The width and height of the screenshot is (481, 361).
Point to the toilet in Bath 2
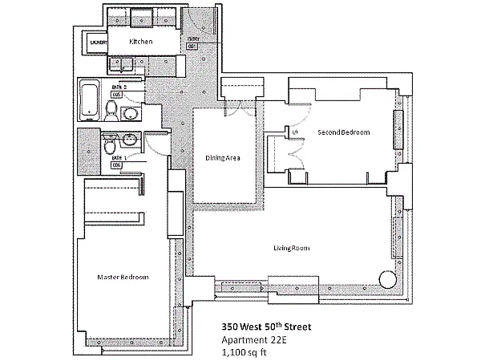click(111, 109)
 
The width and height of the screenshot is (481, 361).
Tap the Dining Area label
click(223, 157)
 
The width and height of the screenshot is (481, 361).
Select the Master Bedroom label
click(122, 278)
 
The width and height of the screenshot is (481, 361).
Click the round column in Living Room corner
click(388, 279)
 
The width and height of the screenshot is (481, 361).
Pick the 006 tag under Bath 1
click(117, 165)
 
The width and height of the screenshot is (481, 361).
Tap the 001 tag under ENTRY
click(192, 47)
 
